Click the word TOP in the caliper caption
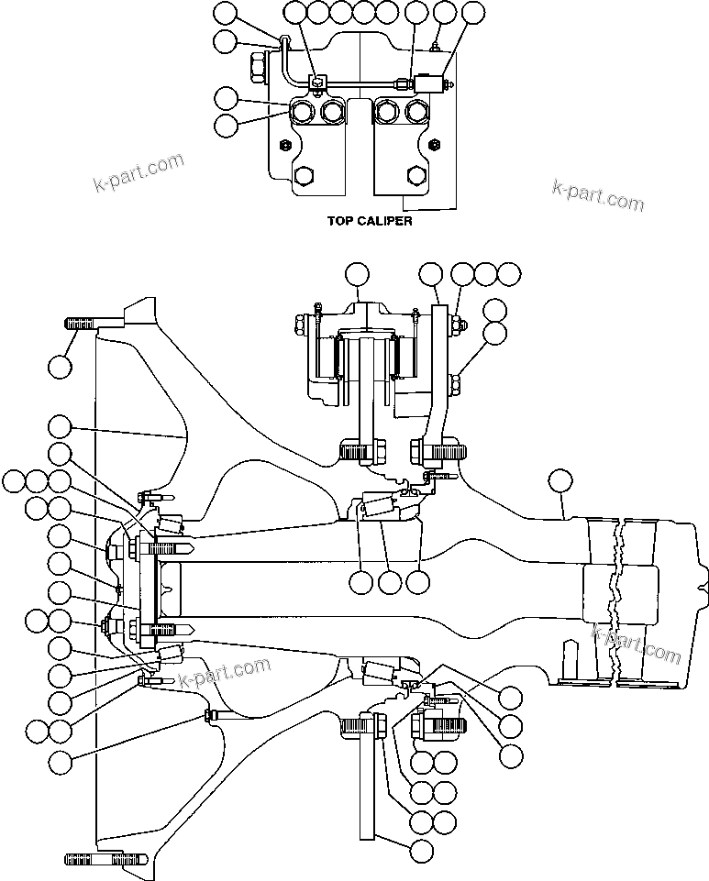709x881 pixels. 342,221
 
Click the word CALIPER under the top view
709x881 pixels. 384,221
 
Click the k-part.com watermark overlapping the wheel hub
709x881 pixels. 225,675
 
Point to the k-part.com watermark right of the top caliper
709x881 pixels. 598,193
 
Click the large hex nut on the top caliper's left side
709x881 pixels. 255,66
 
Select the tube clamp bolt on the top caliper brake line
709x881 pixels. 316,82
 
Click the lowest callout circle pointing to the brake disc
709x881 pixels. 422,850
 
